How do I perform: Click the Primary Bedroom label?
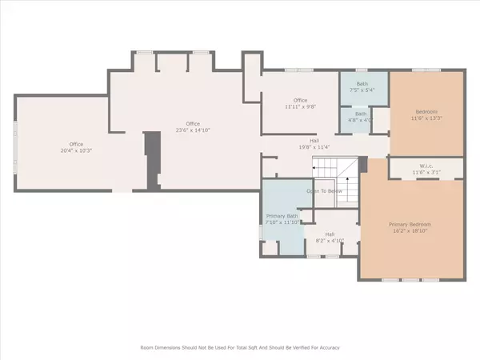tap(412, 224)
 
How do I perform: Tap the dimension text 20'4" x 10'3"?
tap(76, 150)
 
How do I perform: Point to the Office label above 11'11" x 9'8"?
tap(300, 99)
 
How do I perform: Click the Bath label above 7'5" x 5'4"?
tap(355, 82)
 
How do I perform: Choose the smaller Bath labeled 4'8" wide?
tap(360, 114)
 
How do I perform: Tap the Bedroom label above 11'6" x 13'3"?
tap(426, 112)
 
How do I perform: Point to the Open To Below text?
tap(324, 191)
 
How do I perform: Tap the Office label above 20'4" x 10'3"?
tap(76, 144)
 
